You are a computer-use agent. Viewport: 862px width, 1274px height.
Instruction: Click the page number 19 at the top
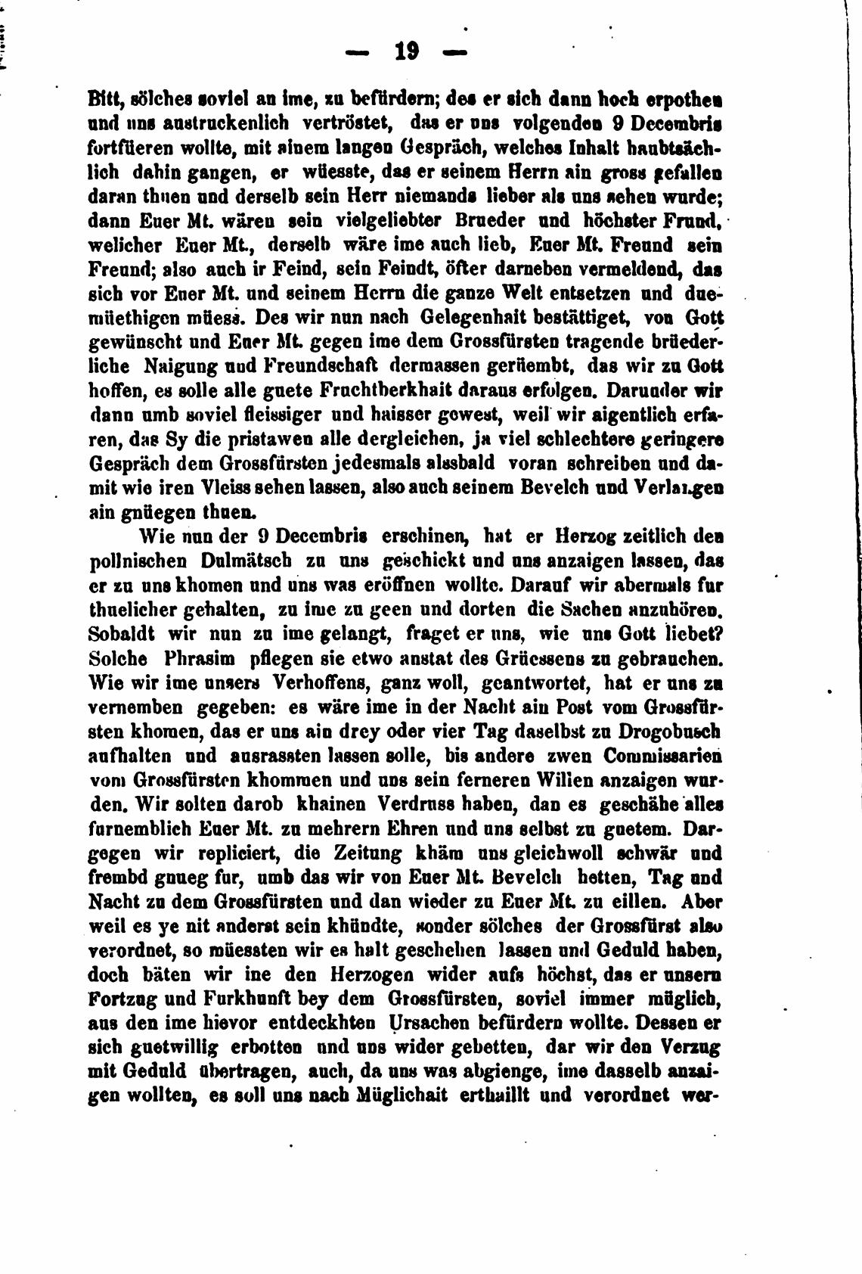pyautogui.click(x=406, y=51)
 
